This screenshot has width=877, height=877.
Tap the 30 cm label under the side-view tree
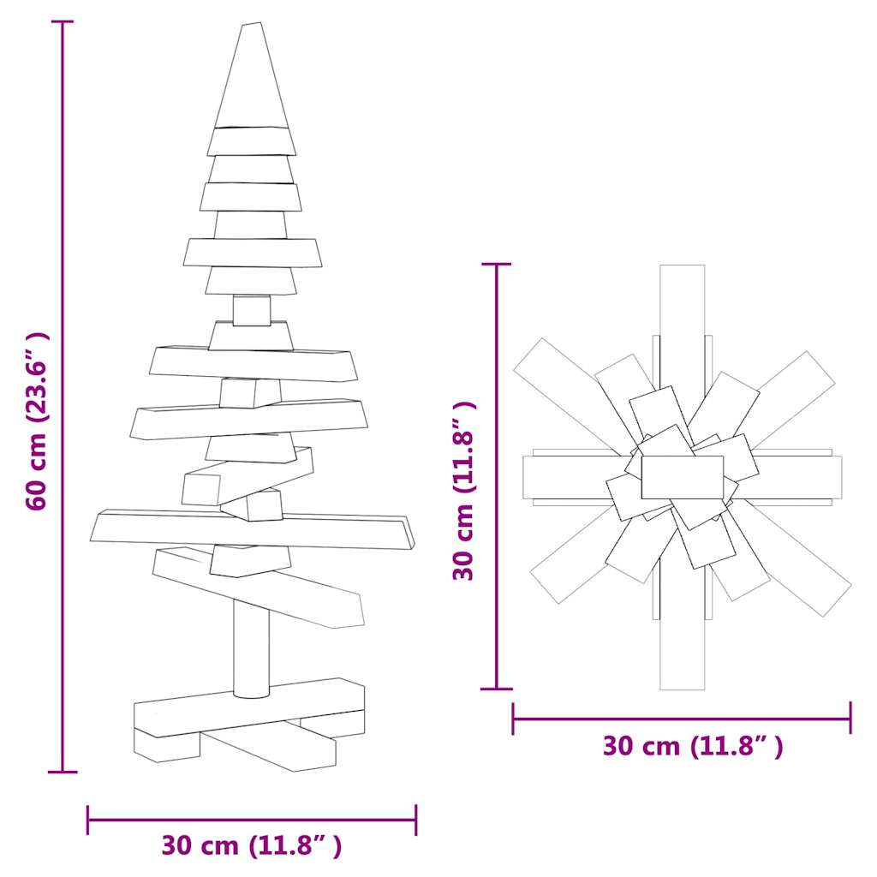pos(252,846)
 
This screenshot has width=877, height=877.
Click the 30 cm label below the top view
pos(692,746)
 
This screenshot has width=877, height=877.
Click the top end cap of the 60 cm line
pos(63,22)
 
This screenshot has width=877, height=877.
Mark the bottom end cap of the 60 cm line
pos(63,772)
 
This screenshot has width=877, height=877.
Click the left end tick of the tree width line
pos(88,820)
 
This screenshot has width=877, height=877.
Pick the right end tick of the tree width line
pos(416,820)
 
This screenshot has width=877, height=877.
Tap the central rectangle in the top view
pos(682,477)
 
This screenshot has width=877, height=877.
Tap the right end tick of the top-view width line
pos(850,718)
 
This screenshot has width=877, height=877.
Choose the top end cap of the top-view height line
pos(497,265)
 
